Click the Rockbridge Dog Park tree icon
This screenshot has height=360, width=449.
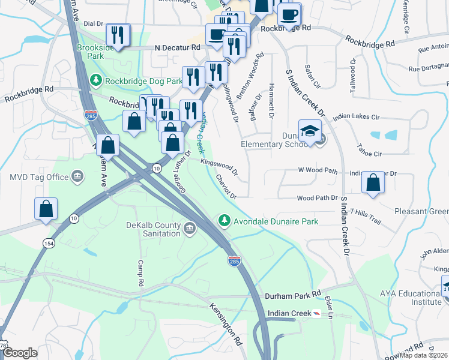pos(95,80)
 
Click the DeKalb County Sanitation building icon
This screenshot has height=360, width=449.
pos(190,228)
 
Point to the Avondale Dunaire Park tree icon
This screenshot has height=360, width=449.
pos(224,221)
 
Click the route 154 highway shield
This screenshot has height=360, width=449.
pos(47,242)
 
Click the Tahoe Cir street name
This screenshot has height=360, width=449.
pos(369,154)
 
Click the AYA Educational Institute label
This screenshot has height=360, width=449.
pos(411,298)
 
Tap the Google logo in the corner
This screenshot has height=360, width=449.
pos(20,353)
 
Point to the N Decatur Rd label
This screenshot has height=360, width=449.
pos(177,47)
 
